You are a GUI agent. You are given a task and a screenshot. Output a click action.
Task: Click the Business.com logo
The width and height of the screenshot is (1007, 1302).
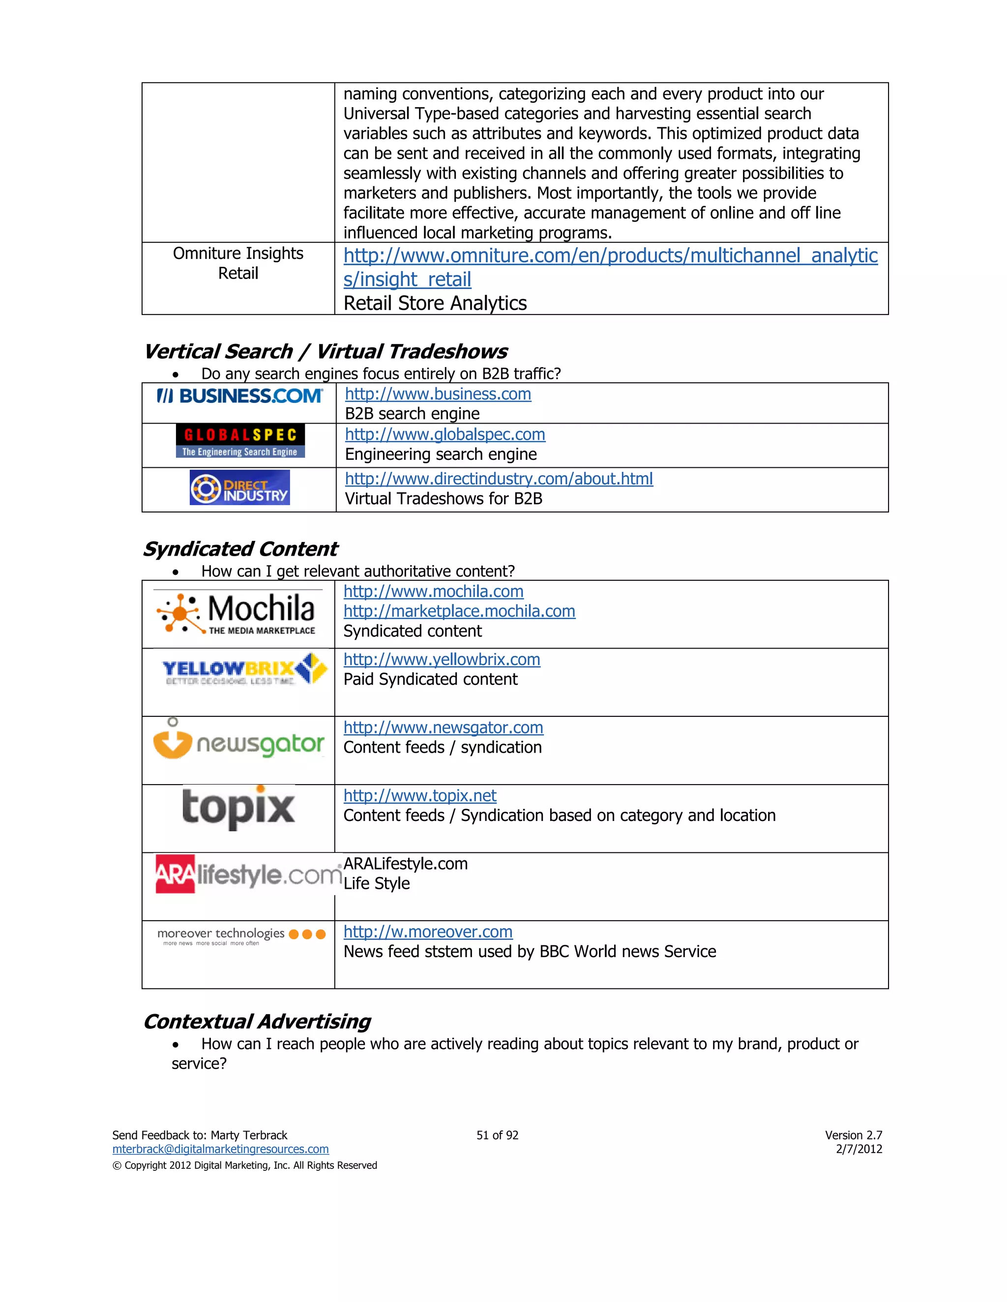click(239, 396)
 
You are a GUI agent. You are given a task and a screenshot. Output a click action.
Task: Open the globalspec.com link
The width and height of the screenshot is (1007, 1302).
click(445, 435)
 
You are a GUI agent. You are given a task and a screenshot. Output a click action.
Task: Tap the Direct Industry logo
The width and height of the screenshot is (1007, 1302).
click(239, 488)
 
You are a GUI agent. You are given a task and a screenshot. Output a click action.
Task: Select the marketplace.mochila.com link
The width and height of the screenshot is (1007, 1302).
click(459, 612)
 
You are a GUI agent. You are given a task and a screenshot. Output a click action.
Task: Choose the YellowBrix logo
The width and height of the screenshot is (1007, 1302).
click(244, 670)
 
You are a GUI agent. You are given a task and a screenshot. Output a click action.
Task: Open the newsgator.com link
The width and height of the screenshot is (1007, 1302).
click(443, 728)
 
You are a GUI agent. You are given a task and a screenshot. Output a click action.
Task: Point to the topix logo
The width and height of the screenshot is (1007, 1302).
click(238, 808)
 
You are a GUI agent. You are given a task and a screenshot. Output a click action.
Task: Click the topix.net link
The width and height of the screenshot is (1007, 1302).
click(420, 796)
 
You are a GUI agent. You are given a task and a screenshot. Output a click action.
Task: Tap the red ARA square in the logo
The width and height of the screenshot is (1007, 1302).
click(175, 874)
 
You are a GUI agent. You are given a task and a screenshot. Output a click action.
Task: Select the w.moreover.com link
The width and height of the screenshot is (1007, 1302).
click(428, 932)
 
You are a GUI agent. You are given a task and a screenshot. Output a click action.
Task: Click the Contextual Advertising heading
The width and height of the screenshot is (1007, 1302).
click(257, 1022)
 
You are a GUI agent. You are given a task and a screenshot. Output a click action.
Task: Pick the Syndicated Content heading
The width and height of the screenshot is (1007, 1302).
click(240, 549)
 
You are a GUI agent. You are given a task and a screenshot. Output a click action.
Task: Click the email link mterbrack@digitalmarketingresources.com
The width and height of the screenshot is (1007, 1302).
click(220, 1149)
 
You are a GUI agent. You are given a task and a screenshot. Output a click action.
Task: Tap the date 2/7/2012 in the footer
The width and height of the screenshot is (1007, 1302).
click(859, 1149)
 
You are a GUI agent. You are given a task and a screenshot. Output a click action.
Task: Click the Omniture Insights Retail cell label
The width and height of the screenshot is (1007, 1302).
click(238, 263)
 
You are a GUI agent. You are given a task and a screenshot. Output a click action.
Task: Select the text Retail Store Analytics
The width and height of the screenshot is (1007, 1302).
click(435, 304)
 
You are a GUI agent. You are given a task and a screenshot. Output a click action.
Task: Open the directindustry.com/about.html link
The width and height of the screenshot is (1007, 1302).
click(499, 480)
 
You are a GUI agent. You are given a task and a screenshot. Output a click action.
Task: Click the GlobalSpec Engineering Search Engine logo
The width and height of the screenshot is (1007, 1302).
click(240, 441)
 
